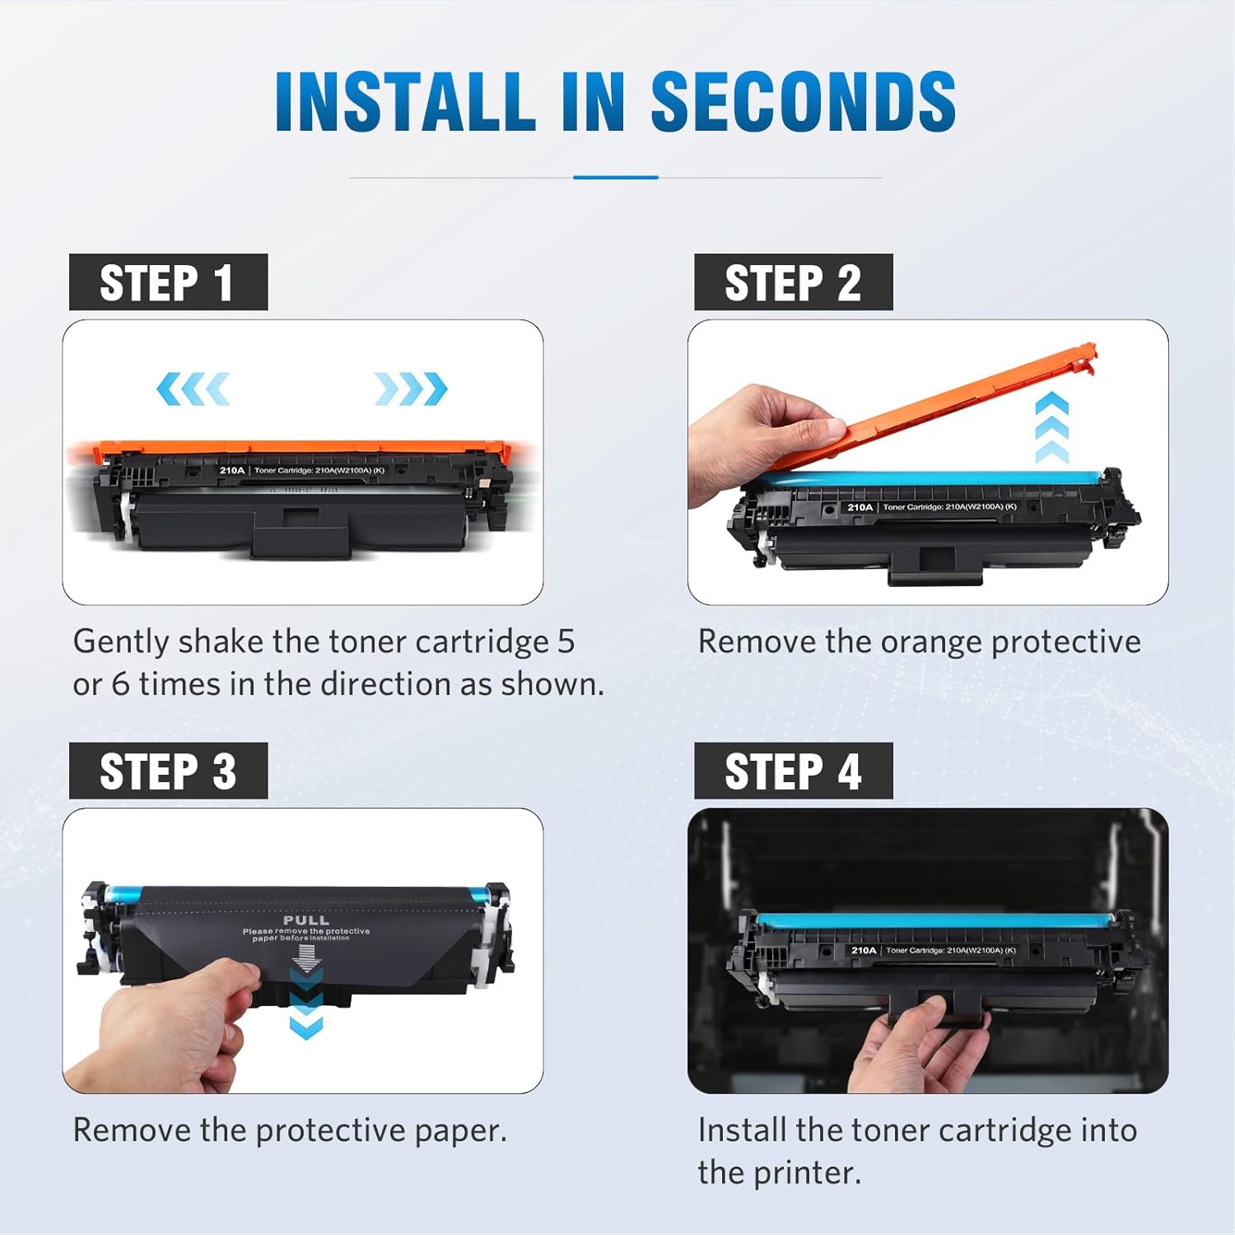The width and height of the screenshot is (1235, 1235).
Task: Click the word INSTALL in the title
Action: tap(405, 101)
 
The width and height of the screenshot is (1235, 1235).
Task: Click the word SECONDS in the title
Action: tap(803, 101)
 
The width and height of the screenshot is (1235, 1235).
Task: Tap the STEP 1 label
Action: tap(168, 282)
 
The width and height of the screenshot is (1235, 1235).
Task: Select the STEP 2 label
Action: tap(793, 282)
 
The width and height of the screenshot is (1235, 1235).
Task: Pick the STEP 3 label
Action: tap(168, 771)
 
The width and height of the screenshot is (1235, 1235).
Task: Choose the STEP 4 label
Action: tap(793, 771)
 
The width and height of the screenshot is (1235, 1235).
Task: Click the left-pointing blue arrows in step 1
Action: tap(193, 389)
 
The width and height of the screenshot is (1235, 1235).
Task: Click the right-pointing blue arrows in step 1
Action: tap(411, 389)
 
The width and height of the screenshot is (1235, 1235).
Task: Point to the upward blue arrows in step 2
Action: tap(1051, 428)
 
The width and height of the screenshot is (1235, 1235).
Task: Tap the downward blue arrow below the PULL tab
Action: tap(306, 1025)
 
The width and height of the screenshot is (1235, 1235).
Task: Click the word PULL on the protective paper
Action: tap(306, 920)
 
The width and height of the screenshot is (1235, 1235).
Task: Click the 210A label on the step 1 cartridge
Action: tap(232, 470)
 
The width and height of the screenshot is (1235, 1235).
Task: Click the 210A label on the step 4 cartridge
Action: tap(864, 950)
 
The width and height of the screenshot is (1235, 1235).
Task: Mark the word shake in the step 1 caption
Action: tap(221, 642)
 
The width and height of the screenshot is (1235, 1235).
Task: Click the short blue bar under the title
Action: tap(616, 177)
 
